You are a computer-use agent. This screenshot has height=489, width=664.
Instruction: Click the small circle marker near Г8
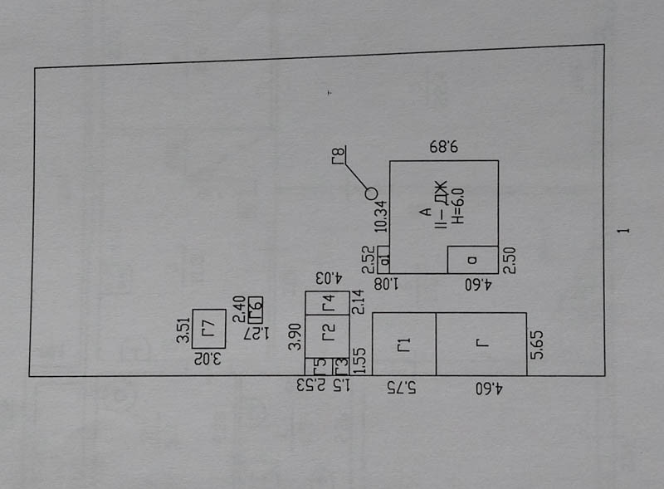pos(371,193)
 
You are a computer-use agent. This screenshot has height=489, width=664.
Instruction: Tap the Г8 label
pos(338,155)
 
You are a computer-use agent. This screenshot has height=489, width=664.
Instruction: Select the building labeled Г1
pos(404,343)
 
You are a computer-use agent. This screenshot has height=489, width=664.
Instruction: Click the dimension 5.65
pos(538,345)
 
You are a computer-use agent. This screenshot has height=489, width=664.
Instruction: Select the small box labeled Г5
pos(315,365)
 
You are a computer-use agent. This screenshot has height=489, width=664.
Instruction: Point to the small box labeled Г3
pos(340,365)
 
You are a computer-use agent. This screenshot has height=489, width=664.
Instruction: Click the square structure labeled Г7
pos(208,328)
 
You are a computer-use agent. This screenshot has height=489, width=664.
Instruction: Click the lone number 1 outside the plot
pos(629,227)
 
